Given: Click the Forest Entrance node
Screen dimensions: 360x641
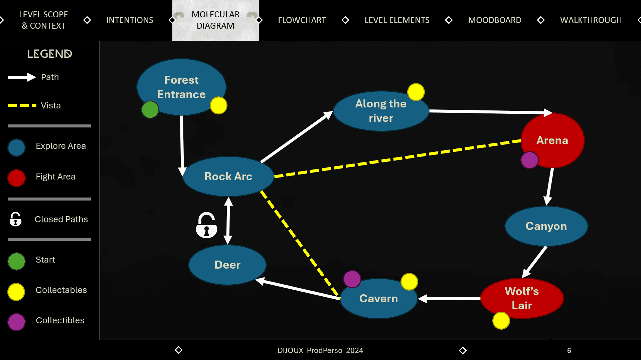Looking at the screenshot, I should [x=181, y=87].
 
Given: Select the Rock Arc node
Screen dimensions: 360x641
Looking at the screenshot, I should [x=228, y=176].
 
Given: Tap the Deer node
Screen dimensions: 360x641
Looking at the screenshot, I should [x=227, y=265].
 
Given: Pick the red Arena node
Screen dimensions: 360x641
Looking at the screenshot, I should [x=552, y=140].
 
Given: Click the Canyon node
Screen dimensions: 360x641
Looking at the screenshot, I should [x=546, y=226].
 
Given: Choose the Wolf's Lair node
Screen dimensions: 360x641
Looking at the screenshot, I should [x=522, y=298].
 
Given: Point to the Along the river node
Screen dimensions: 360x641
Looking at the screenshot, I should [x=381, y=111].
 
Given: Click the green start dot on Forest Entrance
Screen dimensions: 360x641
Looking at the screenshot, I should [x=150, y=109].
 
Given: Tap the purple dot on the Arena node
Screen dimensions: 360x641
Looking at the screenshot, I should [x=529, y=160].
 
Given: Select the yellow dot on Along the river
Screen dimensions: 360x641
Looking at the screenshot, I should [x=416, y=92].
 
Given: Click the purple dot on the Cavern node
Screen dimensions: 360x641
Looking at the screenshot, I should [x=352, y=279].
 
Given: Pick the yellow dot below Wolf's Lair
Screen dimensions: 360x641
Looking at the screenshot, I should [x=501, y=321].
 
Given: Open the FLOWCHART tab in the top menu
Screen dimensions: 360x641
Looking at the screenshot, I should [x=302, y=20].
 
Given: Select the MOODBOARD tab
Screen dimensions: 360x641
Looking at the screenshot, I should [x=494, y=20].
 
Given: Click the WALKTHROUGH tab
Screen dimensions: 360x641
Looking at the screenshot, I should [x=591, y=20].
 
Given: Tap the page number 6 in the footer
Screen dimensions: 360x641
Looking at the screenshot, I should [x=569, y=350].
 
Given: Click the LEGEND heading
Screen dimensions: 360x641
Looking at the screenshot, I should [x=49, y=54].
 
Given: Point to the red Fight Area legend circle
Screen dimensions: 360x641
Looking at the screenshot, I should [x=16, y=178].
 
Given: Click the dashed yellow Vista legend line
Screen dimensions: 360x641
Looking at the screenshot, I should [x=22, y=105].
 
